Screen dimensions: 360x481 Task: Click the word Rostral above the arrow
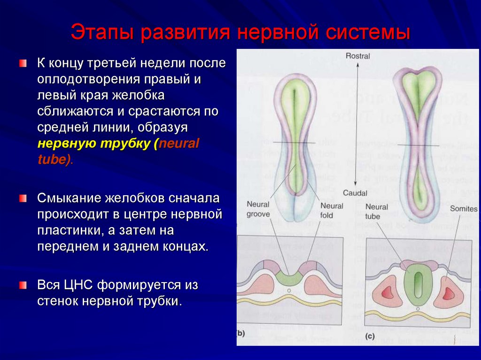coord(357,56)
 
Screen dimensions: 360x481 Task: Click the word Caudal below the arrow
coord(355,192)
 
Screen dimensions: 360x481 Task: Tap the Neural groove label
coord(258,210)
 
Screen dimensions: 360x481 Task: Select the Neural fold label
coord(332,210)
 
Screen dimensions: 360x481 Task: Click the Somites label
coord(463,209)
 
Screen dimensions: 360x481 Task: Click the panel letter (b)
coord(240,334)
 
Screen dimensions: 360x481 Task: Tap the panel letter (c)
coord(370,336)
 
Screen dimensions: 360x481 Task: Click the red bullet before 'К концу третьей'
coord(23,63)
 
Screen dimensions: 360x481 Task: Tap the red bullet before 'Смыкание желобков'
coord(23,199)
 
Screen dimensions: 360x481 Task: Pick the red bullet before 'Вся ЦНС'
coord(23,285)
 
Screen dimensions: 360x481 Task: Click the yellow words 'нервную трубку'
coord(93,144)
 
